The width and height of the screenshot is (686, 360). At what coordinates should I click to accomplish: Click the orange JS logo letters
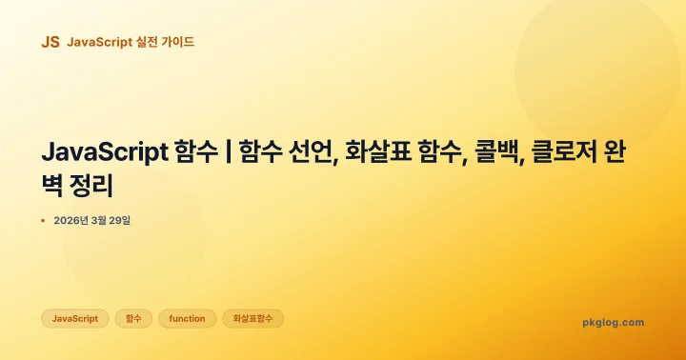(x=50, y=42)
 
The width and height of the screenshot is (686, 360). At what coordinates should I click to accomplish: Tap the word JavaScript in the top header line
(x=99, y=42)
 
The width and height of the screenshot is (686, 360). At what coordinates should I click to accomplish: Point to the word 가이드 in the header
(x=181, y=42)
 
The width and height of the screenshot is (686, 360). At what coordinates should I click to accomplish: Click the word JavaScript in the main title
(x=105, y=152)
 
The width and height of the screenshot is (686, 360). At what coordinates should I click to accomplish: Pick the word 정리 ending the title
(x=105, y=184)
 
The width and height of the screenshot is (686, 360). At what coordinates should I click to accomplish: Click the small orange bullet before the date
(x=44, y=221)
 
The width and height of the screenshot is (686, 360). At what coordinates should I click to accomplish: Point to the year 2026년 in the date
(x=73, y=221)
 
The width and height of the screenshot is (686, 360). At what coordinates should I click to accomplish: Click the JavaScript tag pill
(x=75, y=318)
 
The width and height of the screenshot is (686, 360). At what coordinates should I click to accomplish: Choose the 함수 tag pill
(x=133, y=318)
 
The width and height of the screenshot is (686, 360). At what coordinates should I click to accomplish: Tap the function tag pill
(x=187, y=318)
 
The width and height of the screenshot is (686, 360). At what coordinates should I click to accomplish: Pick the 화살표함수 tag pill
(x=252, y=318)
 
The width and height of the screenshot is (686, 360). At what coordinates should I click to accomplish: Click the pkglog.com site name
(x=613, y=322)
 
